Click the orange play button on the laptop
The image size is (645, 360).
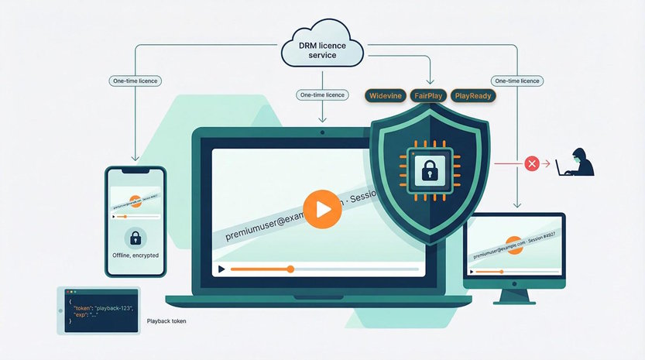coord(321,209)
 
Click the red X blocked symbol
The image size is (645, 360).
coord(532,163)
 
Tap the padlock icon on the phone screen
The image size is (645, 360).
coord(136,237)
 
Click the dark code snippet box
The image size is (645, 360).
coord(98,310)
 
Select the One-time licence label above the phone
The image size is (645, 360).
coord(135,81)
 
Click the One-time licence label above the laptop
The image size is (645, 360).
coord(321,94)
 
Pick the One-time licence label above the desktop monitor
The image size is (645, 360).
coord(516,81)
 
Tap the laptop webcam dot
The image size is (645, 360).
coord(321,134)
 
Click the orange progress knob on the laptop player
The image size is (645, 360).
coord(290,269)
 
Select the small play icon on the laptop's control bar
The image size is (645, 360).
coord(221,269)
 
